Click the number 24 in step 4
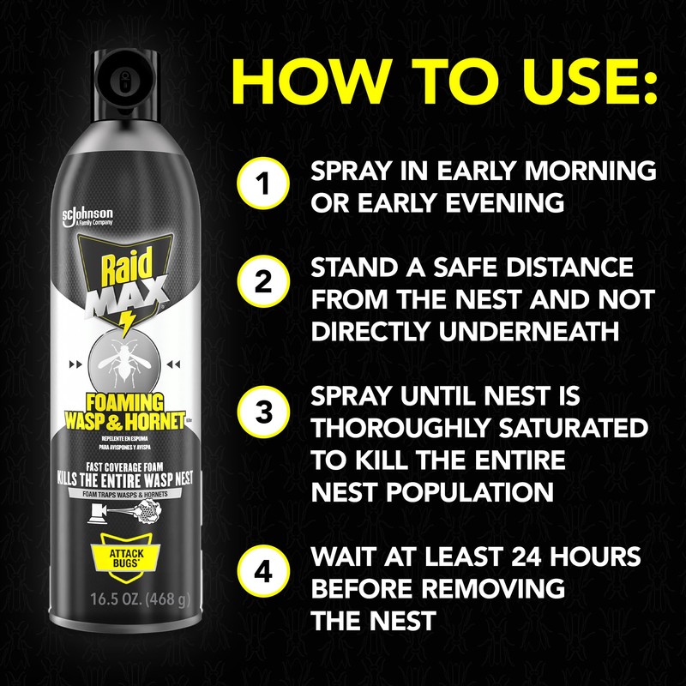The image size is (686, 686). click(x=527, y=557)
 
